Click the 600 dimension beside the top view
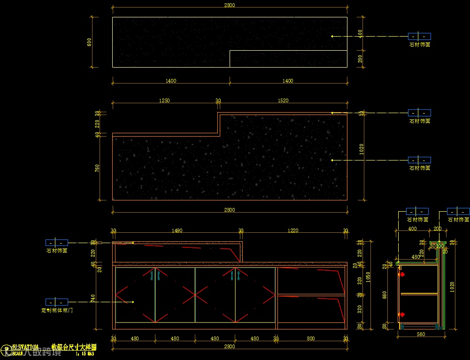[x=89, y=42]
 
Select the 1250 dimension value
[x=164, y=100]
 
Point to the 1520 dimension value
[x=283, y=100]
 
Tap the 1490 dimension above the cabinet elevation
[x=177, y=230]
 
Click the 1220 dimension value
[x=293, y=230]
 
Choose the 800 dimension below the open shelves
[x=311, y=338]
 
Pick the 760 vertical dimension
[x=97, y=168]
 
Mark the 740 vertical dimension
[x=93, y=298]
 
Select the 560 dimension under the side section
[x=421, y=334]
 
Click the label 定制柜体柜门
[x=57, y=310]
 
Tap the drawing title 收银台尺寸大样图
[x=74, y=347]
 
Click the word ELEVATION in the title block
[x=25, y=347]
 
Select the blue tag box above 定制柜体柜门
[x=57, y=302]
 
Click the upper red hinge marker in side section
[x=401, y=274]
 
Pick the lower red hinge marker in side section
[x=401, y=314]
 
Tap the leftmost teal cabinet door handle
[x=152, y=276]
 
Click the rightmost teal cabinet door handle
[x=238, y=276]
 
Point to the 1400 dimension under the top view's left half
[x=171, y=81]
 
